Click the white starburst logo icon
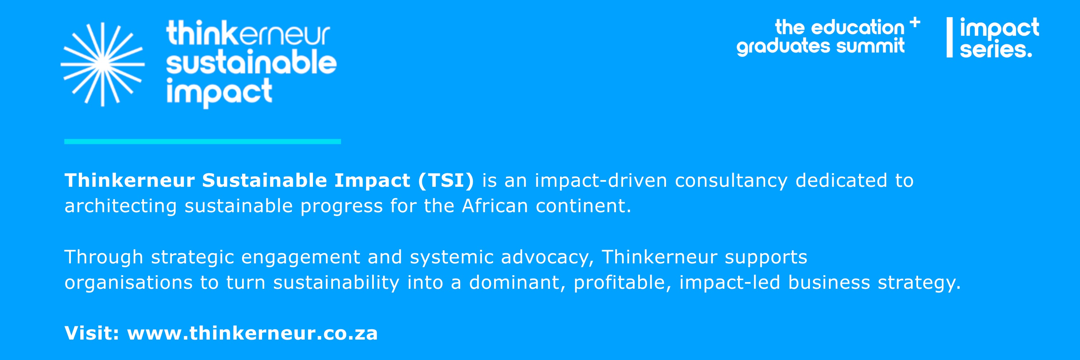click(x=103, y=64)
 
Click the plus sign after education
click(x=915, y=22)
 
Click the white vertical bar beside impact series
click(x=950, y=37)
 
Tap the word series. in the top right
click(x=996, y=49)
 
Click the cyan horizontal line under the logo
click(x=203, y=142)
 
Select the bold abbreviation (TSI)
click(x=446, y=181)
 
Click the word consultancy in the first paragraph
click(x=731, y=181)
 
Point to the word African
click(x=495, y=206)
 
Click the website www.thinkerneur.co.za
click(x=252, y=333)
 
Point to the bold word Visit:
click(x=92, y=333)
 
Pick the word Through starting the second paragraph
click(x=104, y=257)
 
